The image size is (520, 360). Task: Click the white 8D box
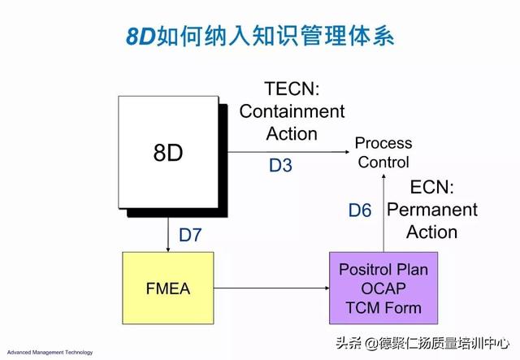(x=168, y=152)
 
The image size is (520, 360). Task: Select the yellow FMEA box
(x=168, y=288)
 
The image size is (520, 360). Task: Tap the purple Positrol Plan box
(x=383, y=288)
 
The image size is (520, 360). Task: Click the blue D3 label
(x=280, y=165)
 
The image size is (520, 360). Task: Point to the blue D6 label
(x=360, y=210)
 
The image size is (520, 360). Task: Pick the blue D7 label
(x=190, y=235)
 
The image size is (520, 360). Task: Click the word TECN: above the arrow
(x=292, y=89)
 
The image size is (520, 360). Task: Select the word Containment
(x=292, y=111)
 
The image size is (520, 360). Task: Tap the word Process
(x=383, y=143)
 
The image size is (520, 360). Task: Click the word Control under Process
(x=383, y=163)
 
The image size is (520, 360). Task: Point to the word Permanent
(x=432, y=210)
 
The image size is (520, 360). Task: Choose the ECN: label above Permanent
(x=431, y=187)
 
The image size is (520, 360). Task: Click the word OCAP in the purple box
(x=383, y=288)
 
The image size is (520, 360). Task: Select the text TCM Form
(x=383, y=307)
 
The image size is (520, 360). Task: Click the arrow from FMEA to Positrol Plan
(x=271, y=288)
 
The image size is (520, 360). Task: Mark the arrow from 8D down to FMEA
(x=168, y=235)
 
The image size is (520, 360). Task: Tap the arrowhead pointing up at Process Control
(x=383, y=176)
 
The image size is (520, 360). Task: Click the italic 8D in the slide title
(x=141, y=36)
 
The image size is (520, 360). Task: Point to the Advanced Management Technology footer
(x=50, y=353)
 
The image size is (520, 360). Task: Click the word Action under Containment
(x=292, y=134)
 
